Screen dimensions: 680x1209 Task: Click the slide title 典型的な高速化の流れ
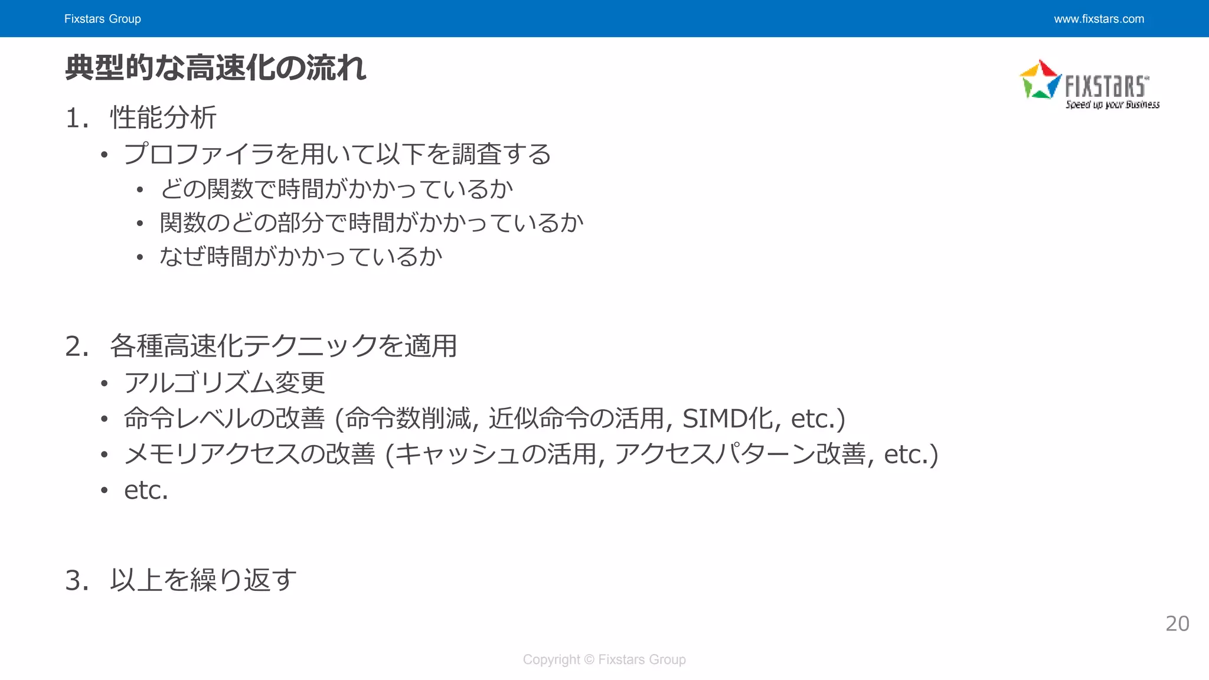(215, 68)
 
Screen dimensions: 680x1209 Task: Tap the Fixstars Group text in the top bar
(103, 19)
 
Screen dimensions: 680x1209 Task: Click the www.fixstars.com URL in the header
(1099, 19)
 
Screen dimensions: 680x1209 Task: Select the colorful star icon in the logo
(1040, 80)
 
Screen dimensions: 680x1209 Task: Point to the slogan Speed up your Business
(1112, 105)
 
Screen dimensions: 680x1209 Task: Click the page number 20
(1177, 624)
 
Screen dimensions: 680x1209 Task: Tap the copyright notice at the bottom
(604, 659)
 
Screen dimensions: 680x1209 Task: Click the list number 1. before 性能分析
(77, 118)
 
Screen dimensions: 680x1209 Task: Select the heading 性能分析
(164, 117)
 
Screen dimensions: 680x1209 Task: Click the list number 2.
(77, 346)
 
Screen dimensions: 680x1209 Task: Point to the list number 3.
(77, 580)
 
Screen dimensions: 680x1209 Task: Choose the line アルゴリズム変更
(224, 383)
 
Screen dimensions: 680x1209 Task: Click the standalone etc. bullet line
(146, 491)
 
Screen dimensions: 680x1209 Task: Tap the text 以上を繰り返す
(203, 580)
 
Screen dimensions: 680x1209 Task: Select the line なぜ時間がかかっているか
(300, 257)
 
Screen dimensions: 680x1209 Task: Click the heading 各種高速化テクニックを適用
(283, 346)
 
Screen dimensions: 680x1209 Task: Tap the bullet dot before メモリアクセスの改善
(104, 455)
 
